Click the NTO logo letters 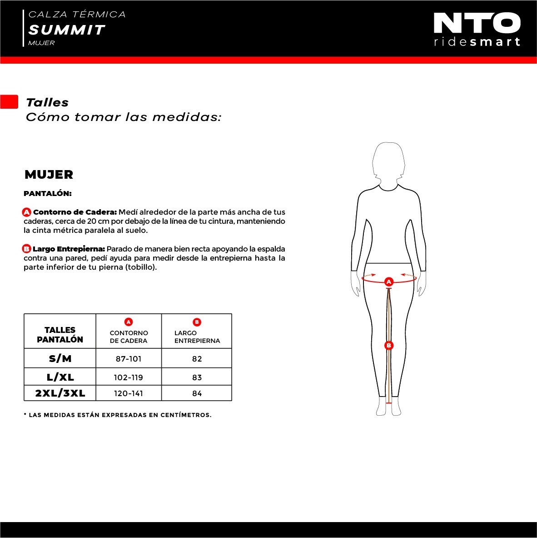[477, 23]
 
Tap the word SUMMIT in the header [66, 30]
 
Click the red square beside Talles [9, 102]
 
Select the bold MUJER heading [49, 174]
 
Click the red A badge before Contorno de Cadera [27, 212]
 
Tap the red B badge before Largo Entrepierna [26, 249]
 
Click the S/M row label [60, 358]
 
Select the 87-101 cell [129, 359]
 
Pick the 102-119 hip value [129, 377]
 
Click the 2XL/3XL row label [60, 393]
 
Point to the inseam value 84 [197, 393]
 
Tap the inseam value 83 [197, 377]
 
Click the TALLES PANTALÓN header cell [60, 335]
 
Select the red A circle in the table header [129, 322]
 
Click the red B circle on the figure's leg [388, 345]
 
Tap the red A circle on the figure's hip [388, 282]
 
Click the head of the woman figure [388, 161]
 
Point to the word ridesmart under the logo [477, 42]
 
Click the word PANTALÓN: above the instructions [48, 194]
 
